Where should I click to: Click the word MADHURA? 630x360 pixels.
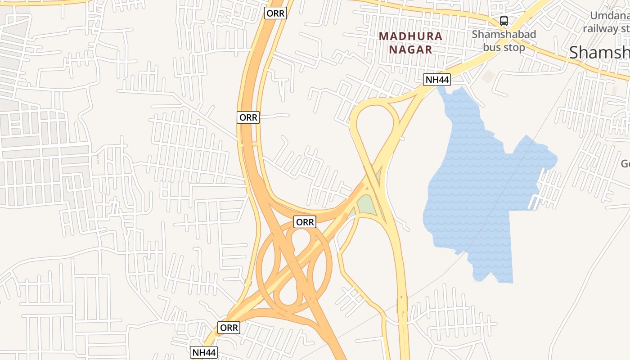[x=410, y=36]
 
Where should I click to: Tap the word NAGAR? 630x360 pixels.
[x=410, y=49]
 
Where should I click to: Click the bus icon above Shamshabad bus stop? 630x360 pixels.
[x=504, y=21]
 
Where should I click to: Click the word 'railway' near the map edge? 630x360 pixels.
[x=601, y=28]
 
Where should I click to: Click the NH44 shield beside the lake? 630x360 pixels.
[x=437, y=80]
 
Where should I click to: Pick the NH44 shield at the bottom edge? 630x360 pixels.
[x=204, y=352]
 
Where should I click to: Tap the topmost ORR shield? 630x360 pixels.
[x=275, y=13]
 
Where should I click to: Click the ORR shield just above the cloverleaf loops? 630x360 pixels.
[x=305, y=222]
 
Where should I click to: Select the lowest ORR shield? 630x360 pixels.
[x=229, y=328]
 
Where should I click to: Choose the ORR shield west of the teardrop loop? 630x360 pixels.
[x=248, y=117]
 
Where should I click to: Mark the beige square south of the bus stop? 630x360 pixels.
[x=488, y=76]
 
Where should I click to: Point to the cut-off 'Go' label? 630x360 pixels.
[x=625, y=163]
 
